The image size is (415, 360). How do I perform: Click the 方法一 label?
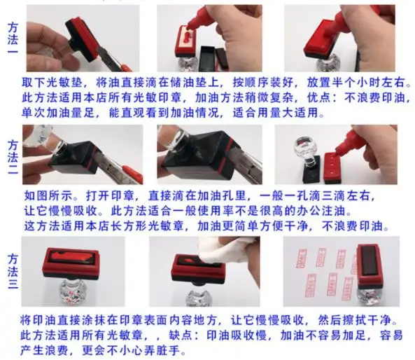13,38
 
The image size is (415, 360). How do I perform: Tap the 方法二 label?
13,157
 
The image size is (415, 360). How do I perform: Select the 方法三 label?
13,271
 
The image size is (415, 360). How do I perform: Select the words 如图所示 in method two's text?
48,196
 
